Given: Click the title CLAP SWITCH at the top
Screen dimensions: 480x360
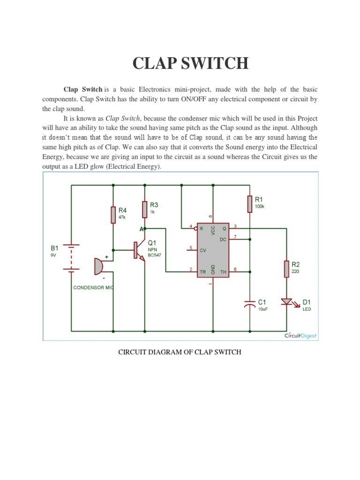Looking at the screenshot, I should click(190, 63).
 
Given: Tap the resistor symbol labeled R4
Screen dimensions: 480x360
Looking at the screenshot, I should click(113, 215).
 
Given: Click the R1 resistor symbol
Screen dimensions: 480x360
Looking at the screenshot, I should click(250, 203).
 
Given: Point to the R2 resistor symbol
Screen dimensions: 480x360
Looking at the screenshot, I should click(286, 269).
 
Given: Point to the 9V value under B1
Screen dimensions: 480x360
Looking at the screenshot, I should click(54, 255).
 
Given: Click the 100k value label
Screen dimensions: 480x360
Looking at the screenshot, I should click(260, 206).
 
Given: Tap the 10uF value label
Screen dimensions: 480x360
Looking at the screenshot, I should click(262, 309).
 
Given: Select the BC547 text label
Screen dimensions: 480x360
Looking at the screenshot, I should click(155, 255).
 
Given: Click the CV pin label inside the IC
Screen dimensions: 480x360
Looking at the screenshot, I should click(203, 250).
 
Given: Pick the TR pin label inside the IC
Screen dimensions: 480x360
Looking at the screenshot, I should click(203, 272).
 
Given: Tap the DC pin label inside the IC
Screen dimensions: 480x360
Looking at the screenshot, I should click(223, 240).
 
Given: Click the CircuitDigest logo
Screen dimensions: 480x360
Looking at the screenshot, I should click(300, 335).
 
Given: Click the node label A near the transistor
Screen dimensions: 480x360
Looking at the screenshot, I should click(141, 229).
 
